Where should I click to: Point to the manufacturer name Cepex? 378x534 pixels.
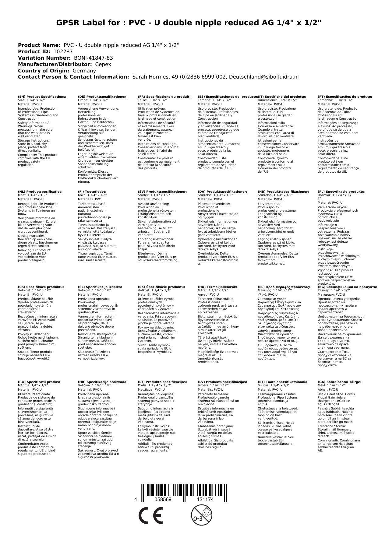point(103,65)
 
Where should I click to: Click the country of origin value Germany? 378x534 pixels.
point(84,71)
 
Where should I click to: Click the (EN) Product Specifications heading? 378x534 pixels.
point(42,97)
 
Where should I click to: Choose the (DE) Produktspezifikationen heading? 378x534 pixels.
point(103,97)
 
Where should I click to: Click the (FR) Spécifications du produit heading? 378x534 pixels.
point(164,97)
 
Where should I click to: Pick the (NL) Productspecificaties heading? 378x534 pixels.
point(40,192)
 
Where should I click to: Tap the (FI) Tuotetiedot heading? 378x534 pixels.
point(92,192)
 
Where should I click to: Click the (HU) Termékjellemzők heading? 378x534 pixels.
point(217,287)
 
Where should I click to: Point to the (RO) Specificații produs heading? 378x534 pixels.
point(39,382)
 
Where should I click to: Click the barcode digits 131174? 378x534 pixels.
point(204,500)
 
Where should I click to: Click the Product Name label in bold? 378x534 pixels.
point(39,45)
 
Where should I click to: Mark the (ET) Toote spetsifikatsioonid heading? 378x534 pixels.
point(283,382)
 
